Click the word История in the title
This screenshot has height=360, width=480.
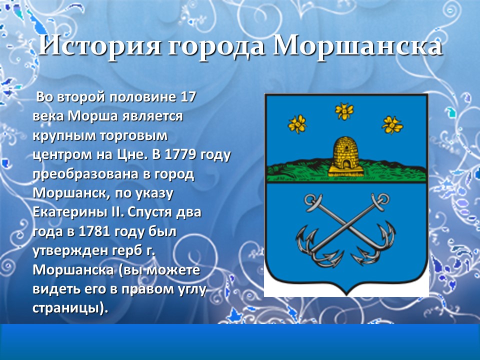pyautogui.click(x=100, y=46)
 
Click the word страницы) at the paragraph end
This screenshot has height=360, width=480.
pyautogui.click(x=69, y=307)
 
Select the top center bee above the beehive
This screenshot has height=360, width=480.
pyautogui.click(x=344, y=111)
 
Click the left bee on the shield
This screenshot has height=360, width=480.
pyautogui.click(x=298, y=122)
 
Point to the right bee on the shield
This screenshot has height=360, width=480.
pyautogui.click(x=392, y=123)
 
